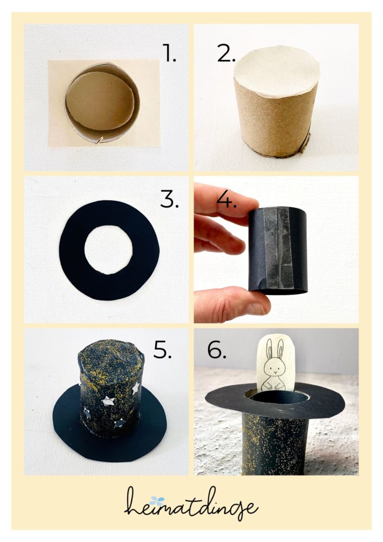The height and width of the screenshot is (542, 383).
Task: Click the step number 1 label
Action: (169, 53)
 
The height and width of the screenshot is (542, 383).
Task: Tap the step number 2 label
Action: (226, 53)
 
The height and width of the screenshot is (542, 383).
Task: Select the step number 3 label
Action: (169, 199)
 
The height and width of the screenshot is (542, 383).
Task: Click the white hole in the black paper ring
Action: (108, 249)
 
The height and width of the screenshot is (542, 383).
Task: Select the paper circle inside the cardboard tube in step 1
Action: (100, 101)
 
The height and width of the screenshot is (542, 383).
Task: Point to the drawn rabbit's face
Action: (274, 368)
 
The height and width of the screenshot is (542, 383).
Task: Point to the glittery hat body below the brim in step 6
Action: (273, 443)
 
